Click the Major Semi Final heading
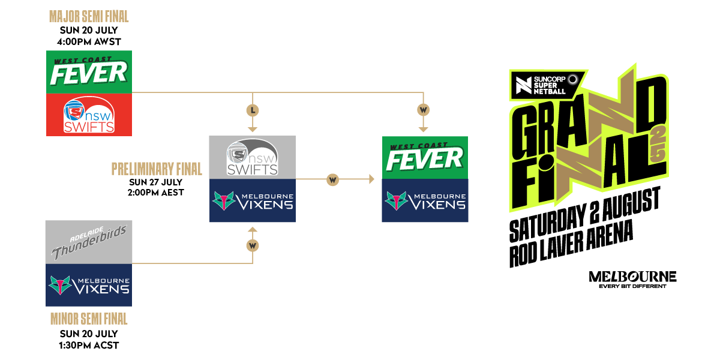pos(89,17)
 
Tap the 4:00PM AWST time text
pos(89,42)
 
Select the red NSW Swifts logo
pos(89,115)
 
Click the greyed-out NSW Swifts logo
pos(252,157)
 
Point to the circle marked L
pos(252,110)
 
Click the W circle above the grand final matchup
pos(424,110)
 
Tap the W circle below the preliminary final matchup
pos(252,245)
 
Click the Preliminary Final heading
pos(157,169)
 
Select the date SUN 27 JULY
pos(157,182)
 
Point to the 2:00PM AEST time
pos(157,193)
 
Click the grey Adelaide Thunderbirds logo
pos(89,242)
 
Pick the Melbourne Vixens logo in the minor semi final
pos(89,286)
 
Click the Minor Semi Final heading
pos(89,319)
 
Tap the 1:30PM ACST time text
pos(89,345)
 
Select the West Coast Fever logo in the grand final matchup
pos(425,157)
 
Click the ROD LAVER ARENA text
pos(570,245)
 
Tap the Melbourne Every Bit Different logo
pos(632,279)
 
